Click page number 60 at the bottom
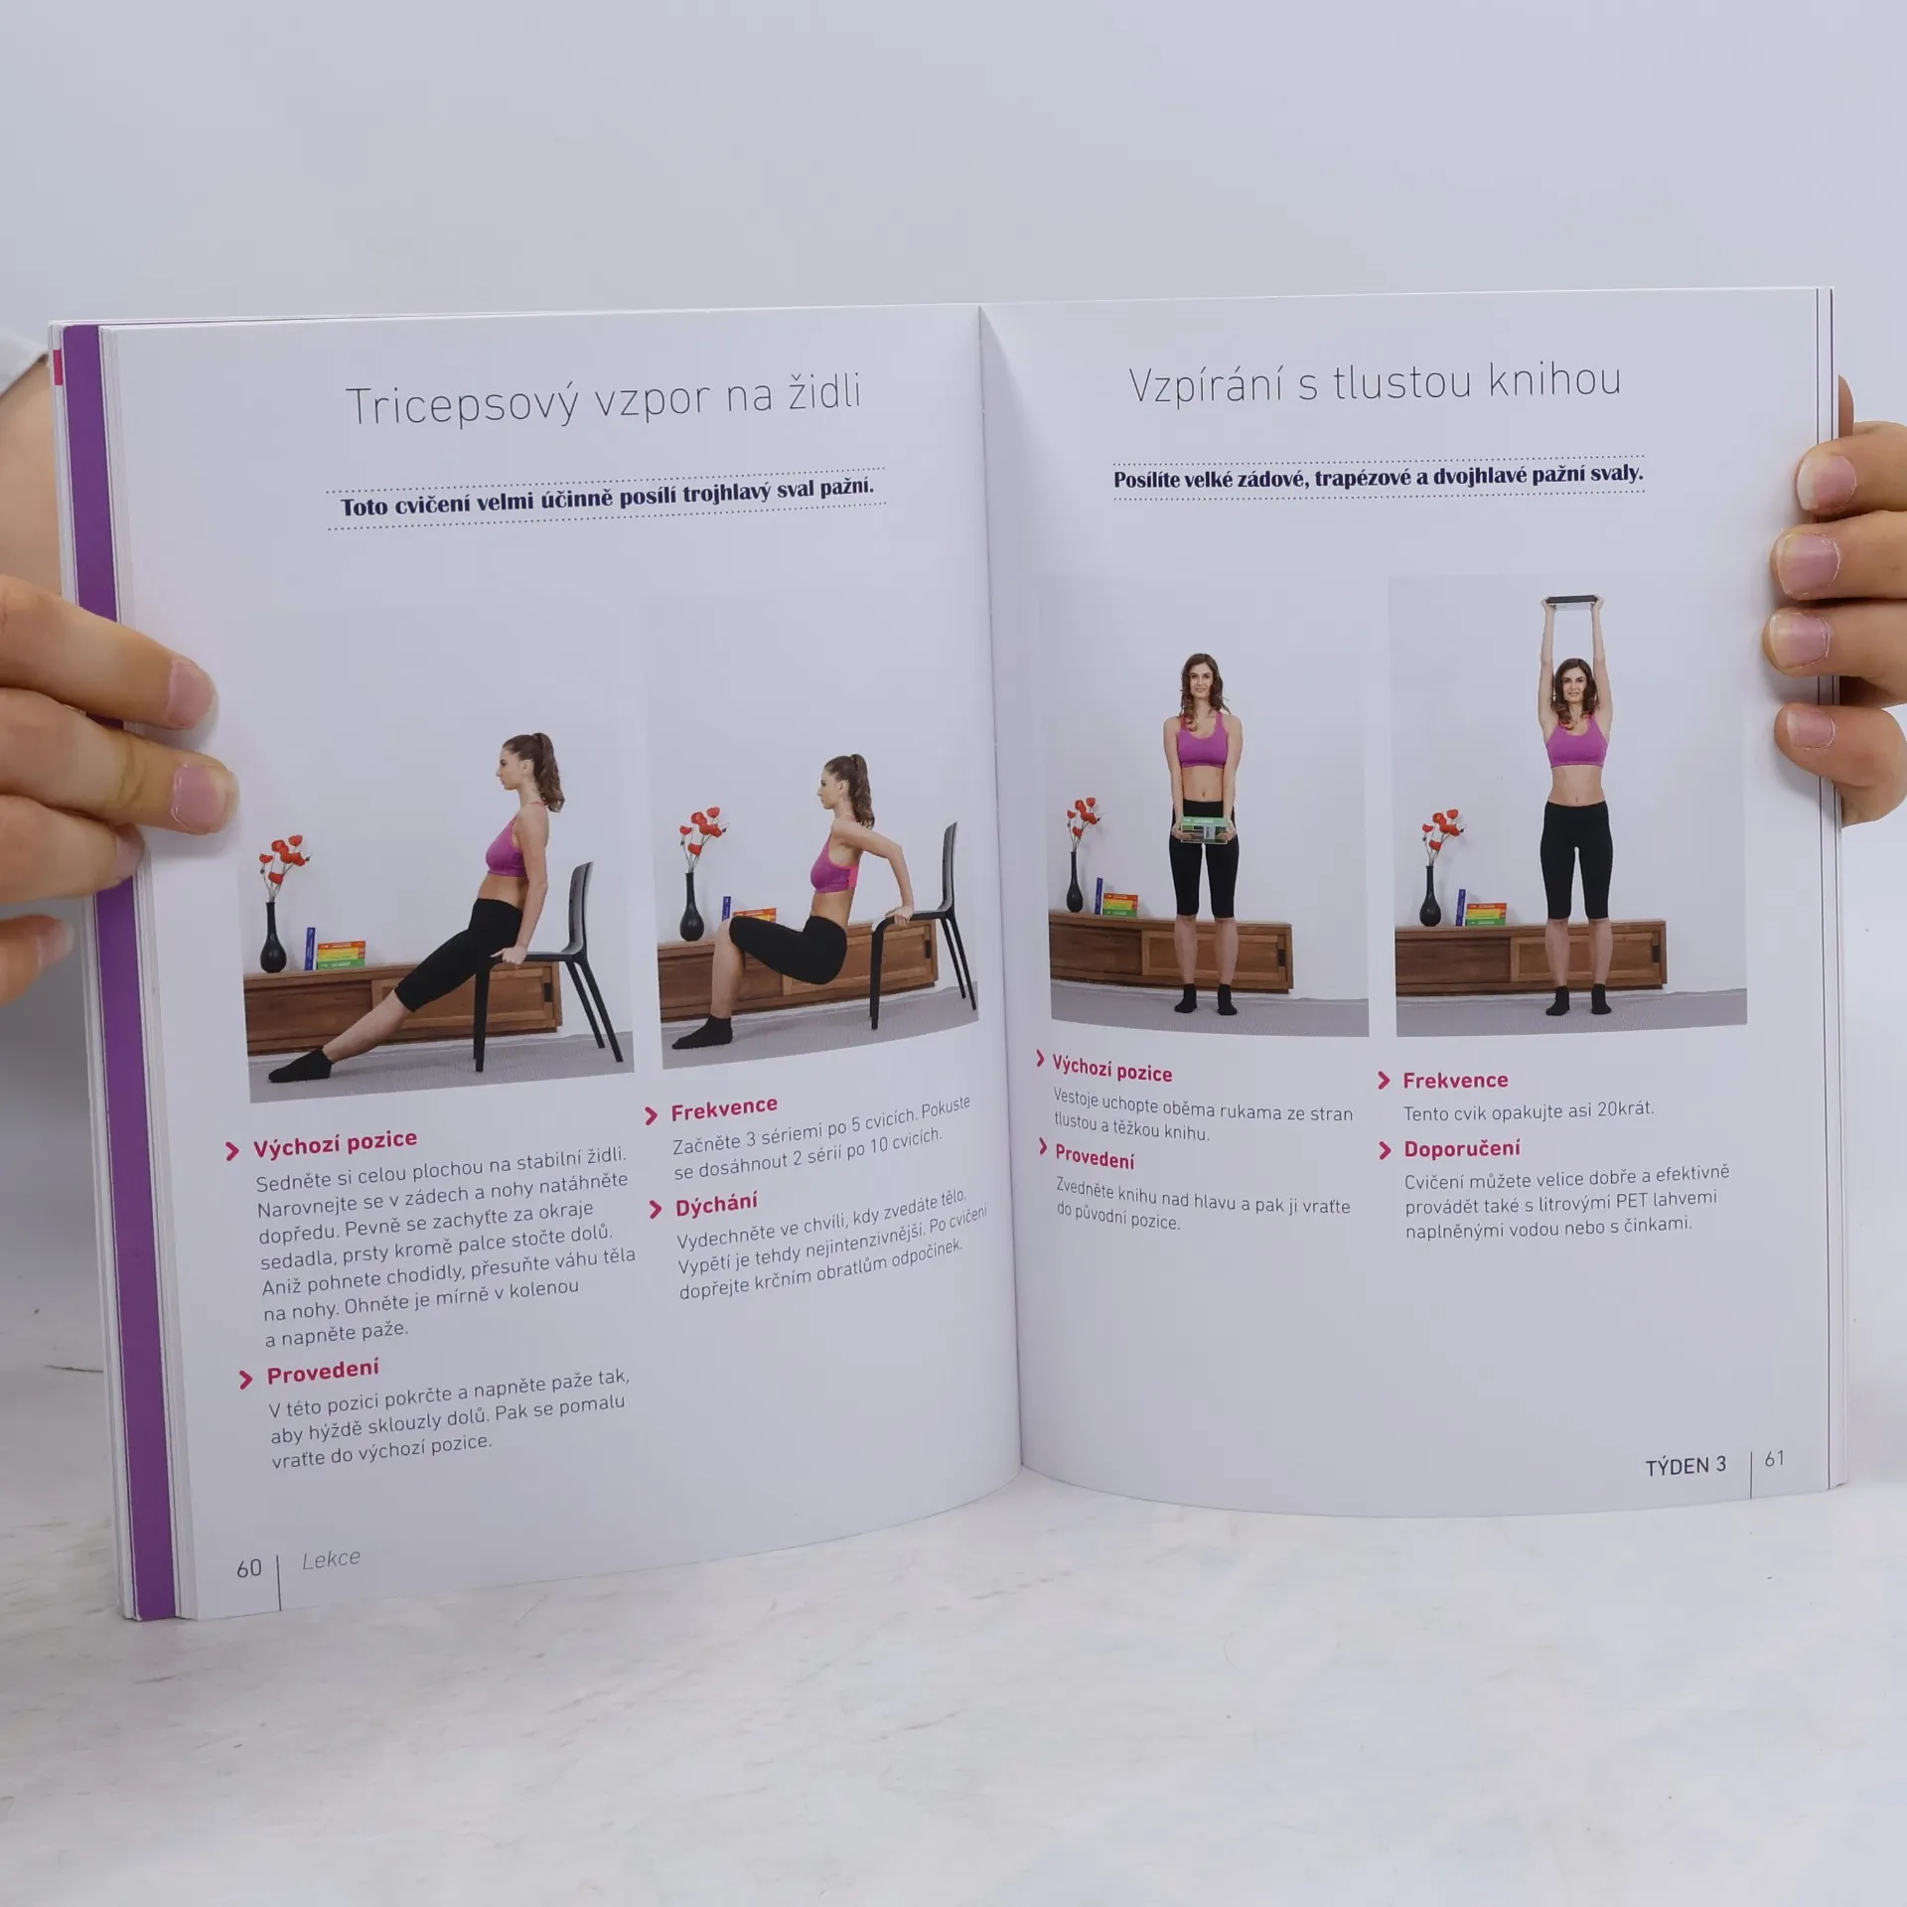[x=248, y=1568]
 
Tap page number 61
[x=1774, y=1459]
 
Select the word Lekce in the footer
[x=331, y=1559]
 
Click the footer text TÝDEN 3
[x=1686, y=1466]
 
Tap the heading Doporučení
[x=1461, y=1149]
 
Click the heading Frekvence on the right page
[x=1455, y=1081]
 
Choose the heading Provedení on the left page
[x=323, y=1372]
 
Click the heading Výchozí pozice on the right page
[x=1111, y=1069]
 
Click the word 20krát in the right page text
[x=1624, y=1109]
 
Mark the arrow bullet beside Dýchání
[x=655, y=1209]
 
